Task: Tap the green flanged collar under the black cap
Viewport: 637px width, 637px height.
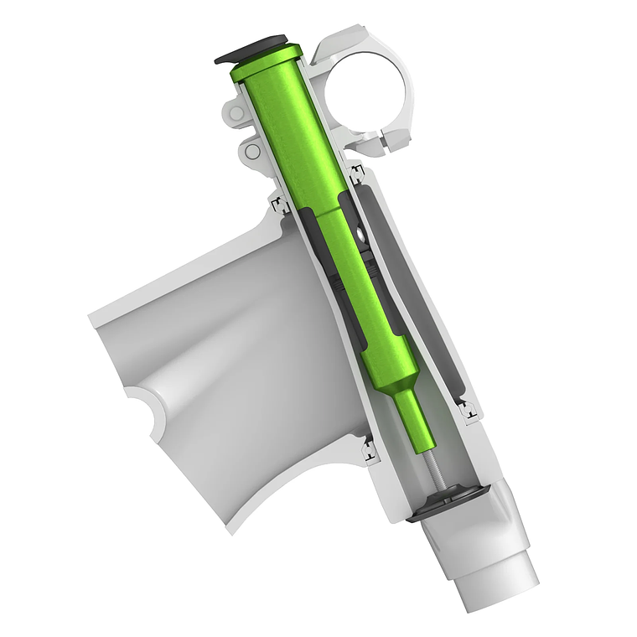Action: point(267,65)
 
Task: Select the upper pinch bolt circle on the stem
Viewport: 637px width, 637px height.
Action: point(236,113)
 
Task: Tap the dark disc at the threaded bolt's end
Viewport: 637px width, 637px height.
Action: point(448,504)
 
